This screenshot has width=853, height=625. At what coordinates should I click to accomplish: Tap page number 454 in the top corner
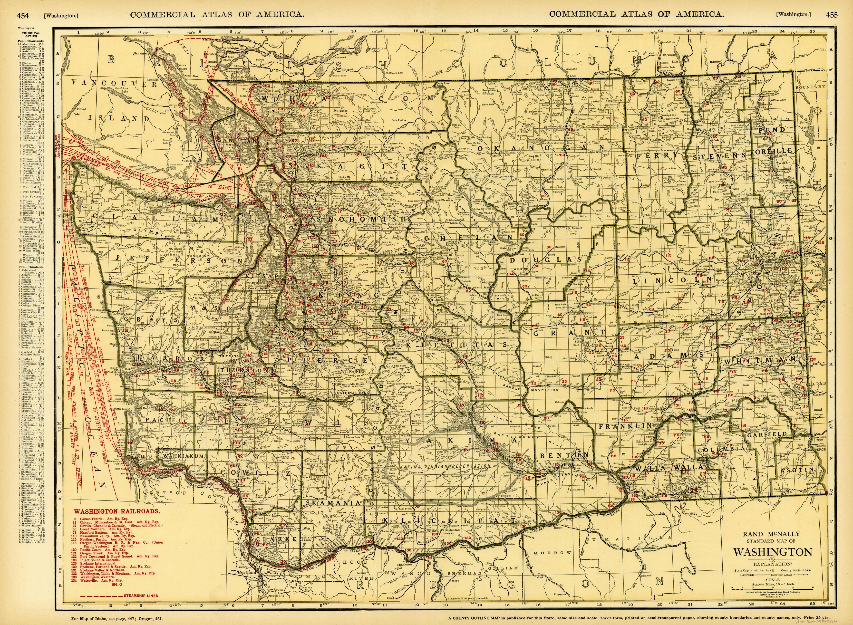(23, 15)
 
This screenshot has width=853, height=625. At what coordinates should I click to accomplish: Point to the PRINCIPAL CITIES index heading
(31, 35)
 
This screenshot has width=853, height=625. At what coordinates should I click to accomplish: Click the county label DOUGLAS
(545, 260)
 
